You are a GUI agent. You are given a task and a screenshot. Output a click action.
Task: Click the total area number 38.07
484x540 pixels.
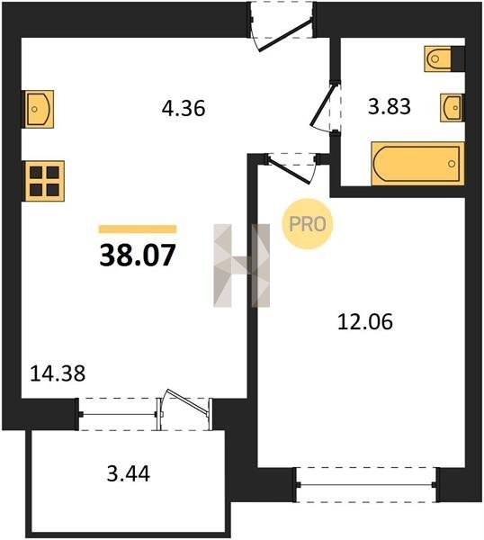pyautogui.click(x=138, y=256)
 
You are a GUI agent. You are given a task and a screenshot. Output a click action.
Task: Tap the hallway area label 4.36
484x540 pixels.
pyautogui.click(x=184, y=108)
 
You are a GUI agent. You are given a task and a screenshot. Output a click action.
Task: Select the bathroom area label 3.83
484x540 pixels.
pyautogui.click(x=390, y=106)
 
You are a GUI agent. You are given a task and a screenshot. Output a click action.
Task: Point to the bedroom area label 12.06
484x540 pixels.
pyautogui.click(x=365, y=321)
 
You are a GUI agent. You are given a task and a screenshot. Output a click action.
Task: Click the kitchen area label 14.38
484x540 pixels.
pyautogui.click(x=58, y=373)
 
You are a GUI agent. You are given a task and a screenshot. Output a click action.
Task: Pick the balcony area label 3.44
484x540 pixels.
pyautogui.click(x=129, y=473)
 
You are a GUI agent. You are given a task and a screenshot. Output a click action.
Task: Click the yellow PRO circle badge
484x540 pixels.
pyautogui.click(x=308, y=224)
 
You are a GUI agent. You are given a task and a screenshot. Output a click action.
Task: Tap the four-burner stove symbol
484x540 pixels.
pyautogui.click(x=43, y=181)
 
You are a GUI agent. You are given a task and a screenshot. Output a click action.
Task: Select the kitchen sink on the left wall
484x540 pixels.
pyautogui.click(x=38, y=109)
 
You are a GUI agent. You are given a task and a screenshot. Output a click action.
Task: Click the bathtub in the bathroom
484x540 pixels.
pyautogui.click(x=417, y=164)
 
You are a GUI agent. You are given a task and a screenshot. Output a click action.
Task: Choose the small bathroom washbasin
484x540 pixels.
pyautogui.click(x=452, y=108)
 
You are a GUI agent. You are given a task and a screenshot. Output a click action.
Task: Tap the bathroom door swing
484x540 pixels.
pyautogui.click(x=323, y=106)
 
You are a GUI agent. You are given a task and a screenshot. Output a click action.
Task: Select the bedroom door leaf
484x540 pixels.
pyautogui.click(x=291, y=170)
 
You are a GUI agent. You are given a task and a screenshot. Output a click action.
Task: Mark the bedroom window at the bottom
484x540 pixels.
pyautogui.click(x=366, y=484)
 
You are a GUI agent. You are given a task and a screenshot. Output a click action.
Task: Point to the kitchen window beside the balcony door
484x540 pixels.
pyautogui.click(x=118, y=414)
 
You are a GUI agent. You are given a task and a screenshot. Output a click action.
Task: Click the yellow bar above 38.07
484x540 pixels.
pyautogui.click(x=138, y=229)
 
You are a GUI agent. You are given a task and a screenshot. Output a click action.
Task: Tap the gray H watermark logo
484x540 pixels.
pyautogui.click(x=242, y=265)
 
